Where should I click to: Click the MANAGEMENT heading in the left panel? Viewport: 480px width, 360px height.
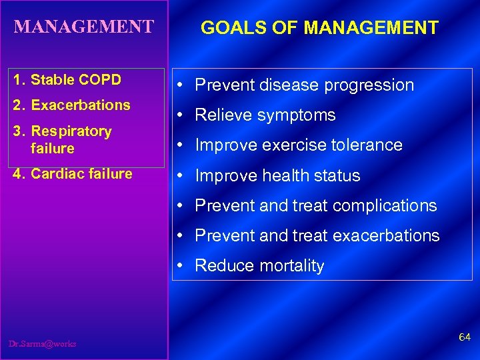click(x=83, y=27)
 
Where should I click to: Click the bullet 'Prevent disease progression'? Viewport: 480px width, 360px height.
click(x=304, y=85)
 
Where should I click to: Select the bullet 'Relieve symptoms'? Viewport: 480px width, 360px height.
click(x=265, y=115)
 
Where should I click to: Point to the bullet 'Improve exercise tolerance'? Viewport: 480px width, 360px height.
click(x=298, y=145)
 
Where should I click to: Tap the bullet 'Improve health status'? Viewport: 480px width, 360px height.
click(x=277, y=176)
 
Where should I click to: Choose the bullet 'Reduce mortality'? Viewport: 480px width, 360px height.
click(x=259, y=266)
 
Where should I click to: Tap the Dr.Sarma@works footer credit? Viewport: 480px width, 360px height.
click(x=43, y=344)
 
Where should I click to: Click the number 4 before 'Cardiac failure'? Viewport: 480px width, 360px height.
click(x=17, y=174)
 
